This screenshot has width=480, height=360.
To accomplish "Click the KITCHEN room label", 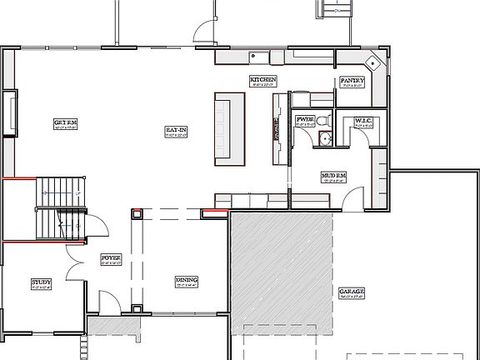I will (262, 80).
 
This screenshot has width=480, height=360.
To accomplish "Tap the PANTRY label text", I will (350, 81).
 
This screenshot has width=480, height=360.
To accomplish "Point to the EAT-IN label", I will (175, 130).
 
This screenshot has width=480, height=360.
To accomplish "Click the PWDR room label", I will (304, 121).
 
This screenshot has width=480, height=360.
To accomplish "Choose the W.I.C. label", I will (362, 121).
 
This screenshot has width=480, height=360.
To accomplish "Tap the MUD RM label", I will (333, 176).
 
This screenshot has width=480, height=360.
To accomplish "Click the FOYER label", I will (111, 258).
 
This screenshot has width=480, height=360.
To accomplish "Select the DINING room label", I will (185, 280).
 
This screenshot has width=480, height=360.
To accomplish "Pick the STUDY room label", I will (41, 282).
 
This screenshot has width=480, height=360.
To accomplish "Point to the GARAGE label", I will (351, 292).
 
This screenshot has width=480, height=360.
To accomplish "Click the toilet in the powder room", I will (327, 122).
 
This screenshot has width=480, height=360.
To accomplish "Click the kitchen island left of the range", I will (229, 129).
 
